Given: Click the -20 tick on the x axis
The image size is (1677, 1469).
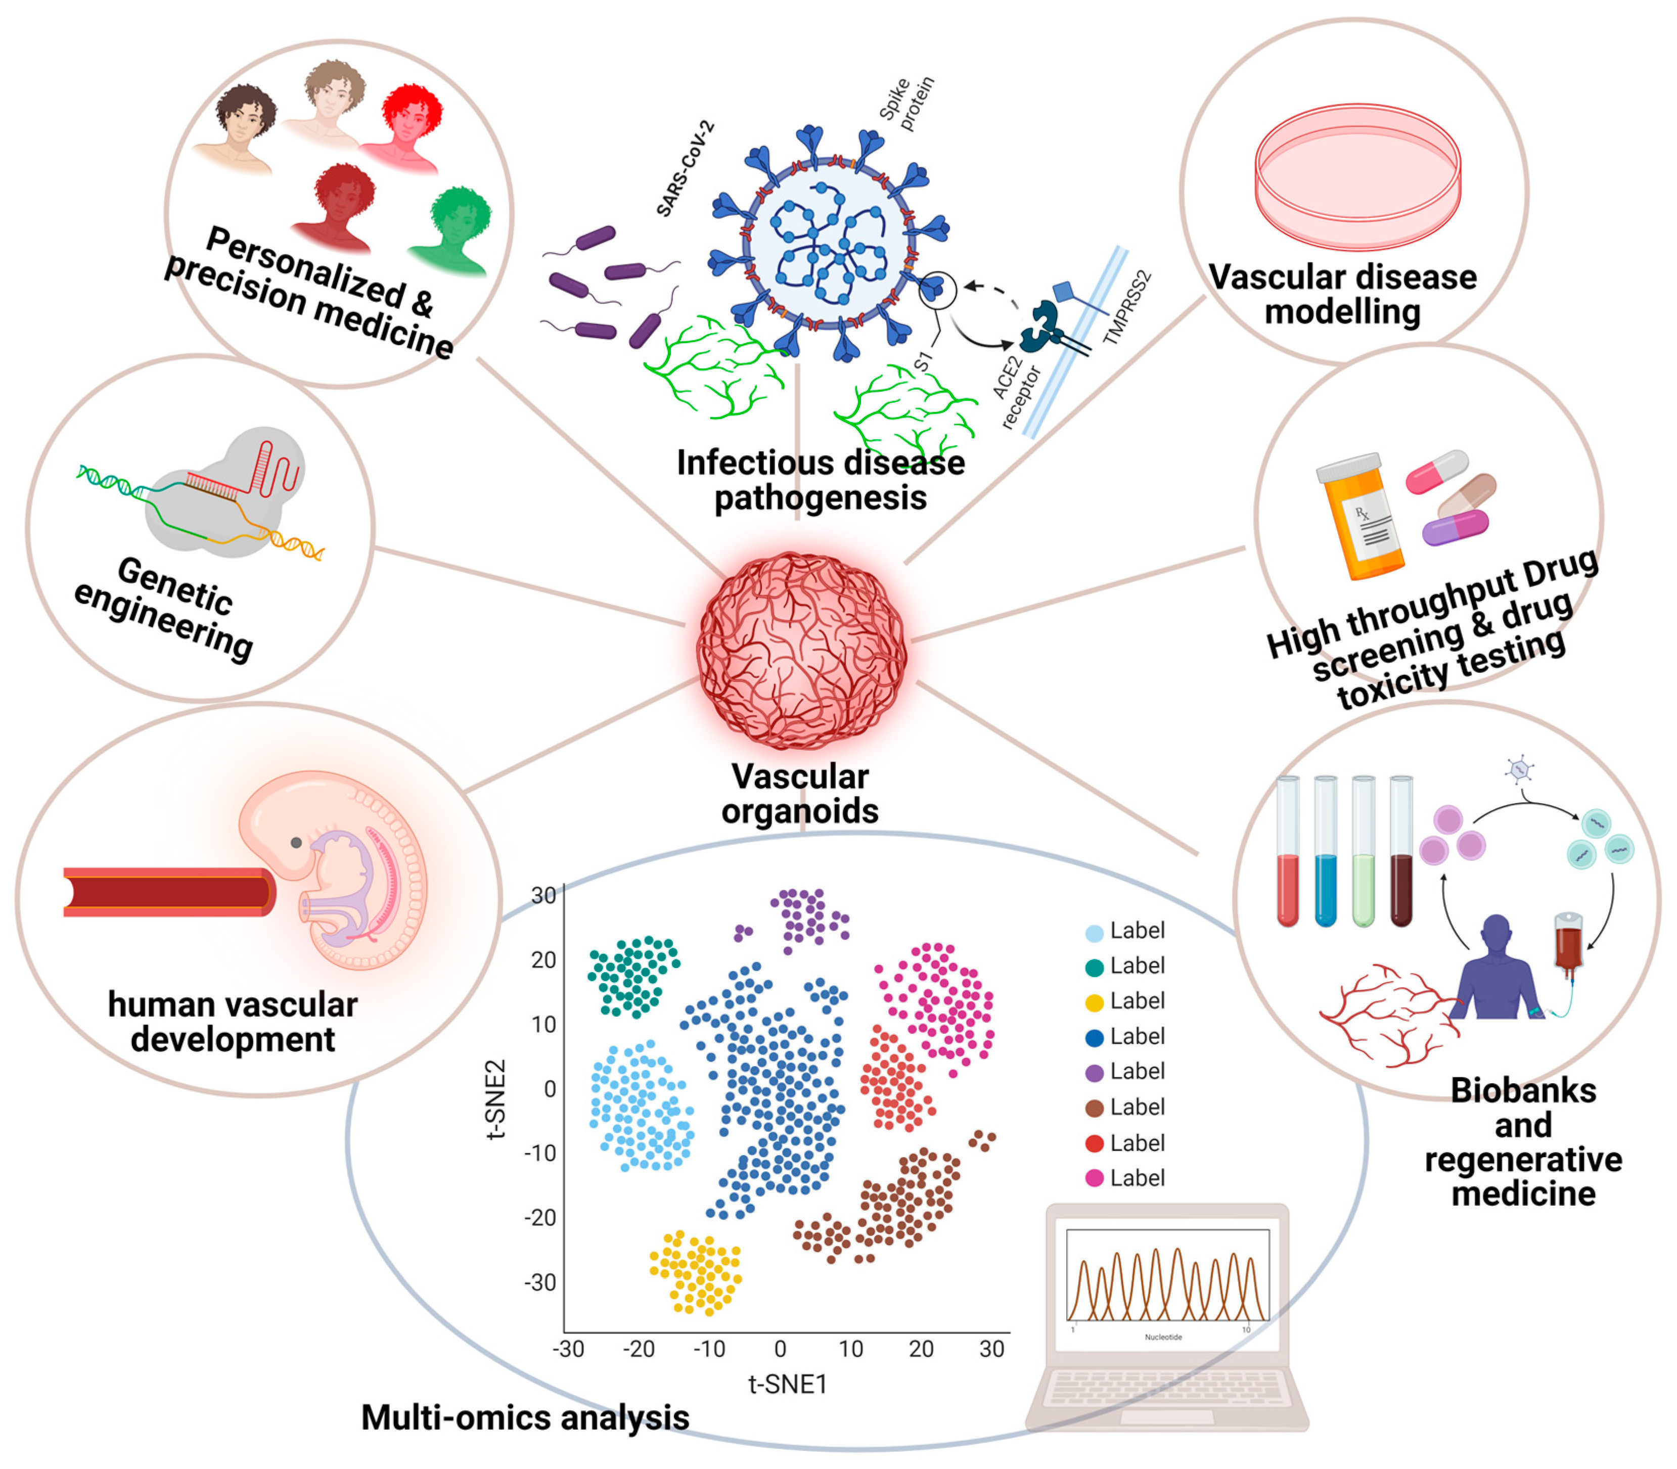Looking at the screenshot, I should (x=639, y=1349).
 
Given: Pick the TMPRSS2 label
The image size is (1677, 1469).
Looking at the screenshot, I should (x=1127, y=307).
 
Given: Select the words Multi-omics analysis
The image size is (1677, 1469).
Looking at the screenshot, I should (x=525, y=1417).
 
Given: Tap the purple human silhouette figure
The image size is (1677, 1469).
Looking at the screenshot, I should (x=1496, y=972).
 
